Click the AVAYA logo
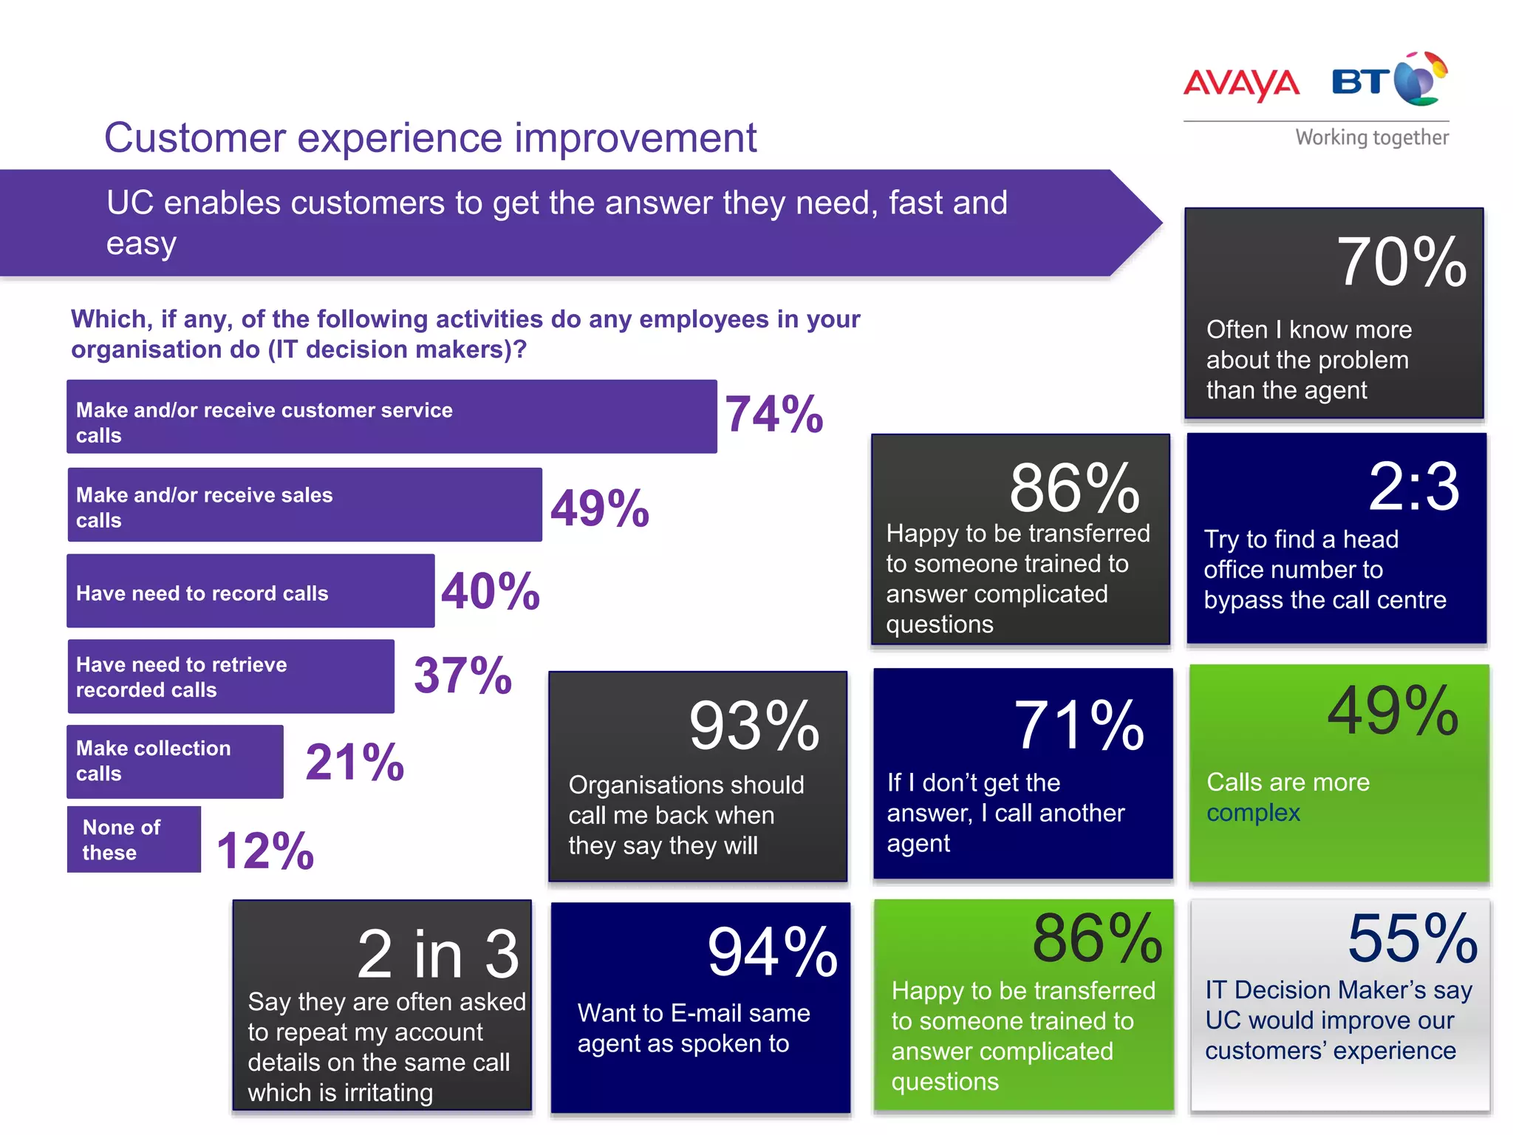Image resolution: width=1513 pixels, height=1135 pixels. pos(1241,83)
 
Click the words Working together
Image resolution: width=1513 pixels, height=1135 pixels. pos(1372,137)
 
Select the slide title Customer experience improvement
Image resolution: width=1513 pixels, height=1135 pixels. pos(430,137)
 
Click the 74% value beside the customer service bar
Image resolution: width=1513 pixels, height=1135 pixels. pos(773,415)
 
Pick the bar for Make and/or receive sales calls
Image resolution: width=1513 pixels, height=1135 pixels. pos(304,505)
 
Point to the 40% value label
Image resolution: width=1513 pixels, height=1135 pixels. pos(491,592)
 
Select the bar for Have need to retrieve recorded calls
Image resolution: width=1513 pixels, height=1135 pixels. pos(230,677)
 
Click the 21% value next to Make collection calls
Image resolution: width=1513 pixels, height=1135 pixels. pos(355,763)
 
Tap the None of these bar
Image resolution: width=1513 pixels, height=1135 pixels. pos(134,839)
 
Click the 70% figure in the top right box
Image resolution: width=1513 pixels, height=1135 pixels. pos(1401,262)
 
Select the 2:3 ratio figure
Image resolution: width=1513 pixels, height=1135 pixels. pos(1413,487)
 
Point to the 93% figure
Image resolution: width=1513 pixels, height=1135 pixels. pos(754,726)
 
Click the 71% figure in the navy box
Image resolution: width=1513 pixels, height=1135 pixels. pos(1079,726)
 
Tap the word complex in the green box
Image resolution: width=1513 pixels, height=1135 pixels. pos(1253,814)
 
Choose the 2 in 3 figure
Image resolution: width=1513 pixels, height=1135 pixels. pos(438,954)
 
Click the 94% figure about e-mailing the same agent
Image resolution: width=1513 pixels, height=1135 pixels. pos(772,952)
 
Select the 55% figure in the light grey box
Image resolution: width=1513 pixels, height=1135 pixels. pos(1412,939)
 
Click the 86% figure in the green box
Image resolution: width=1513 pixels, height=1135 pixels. pos(1097,939)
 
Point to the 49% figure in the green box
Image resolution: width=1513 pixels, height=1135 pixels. pos(1393,712)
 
